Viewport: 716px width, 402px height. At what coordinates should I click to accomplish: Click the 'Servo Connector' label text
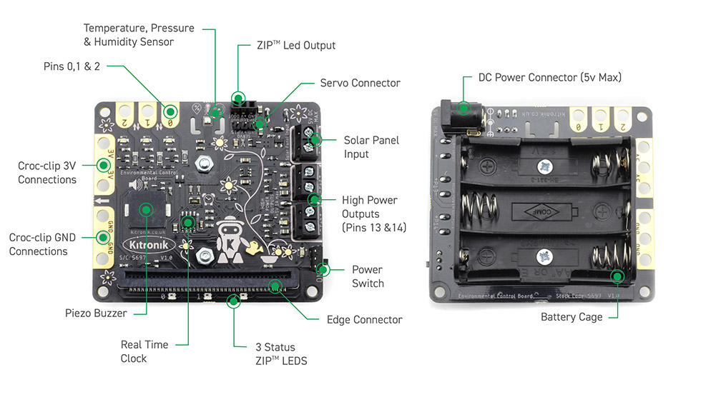[x=360, y=83]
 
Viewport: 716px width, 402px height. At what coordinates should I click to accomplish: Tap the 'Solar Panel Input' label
[x=371, y=147]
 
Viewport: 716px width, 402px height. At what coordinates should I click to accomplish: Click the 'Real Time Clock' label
[x=144, y=351]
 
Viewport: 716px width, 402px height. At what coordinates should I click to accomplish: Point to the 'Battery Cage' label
[x=572, y=317]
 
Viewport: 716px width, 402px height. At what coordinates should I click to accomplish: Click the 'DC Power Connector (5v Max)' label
[x=549, y=77]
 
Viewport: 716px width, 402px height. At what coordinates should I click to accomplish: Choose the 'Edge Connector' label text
[x=364, y=320]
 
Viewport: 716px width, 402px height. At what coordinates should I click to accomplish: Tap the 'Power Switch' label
[x=367, y=276]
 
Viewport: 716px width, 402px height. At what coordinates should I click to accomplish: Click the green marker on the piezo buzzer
[x=147, y=209]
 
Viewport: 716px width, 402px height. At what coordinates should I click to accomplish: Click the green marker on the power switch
[x=323, y=270]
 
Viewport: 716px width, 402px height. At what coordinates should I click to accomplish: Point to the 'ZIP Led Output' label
[x=295, y=46]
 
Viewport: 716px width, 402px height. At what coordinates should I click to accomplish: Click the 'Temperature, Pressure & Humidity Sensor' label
[x=139, y=35]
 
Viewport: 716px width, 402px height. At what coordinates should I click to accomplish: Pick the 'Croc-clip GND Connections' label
[x=38, y=244]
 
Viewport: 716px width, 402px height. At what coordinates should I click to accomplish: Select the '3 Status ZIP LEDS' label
[x=281, y=354]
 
